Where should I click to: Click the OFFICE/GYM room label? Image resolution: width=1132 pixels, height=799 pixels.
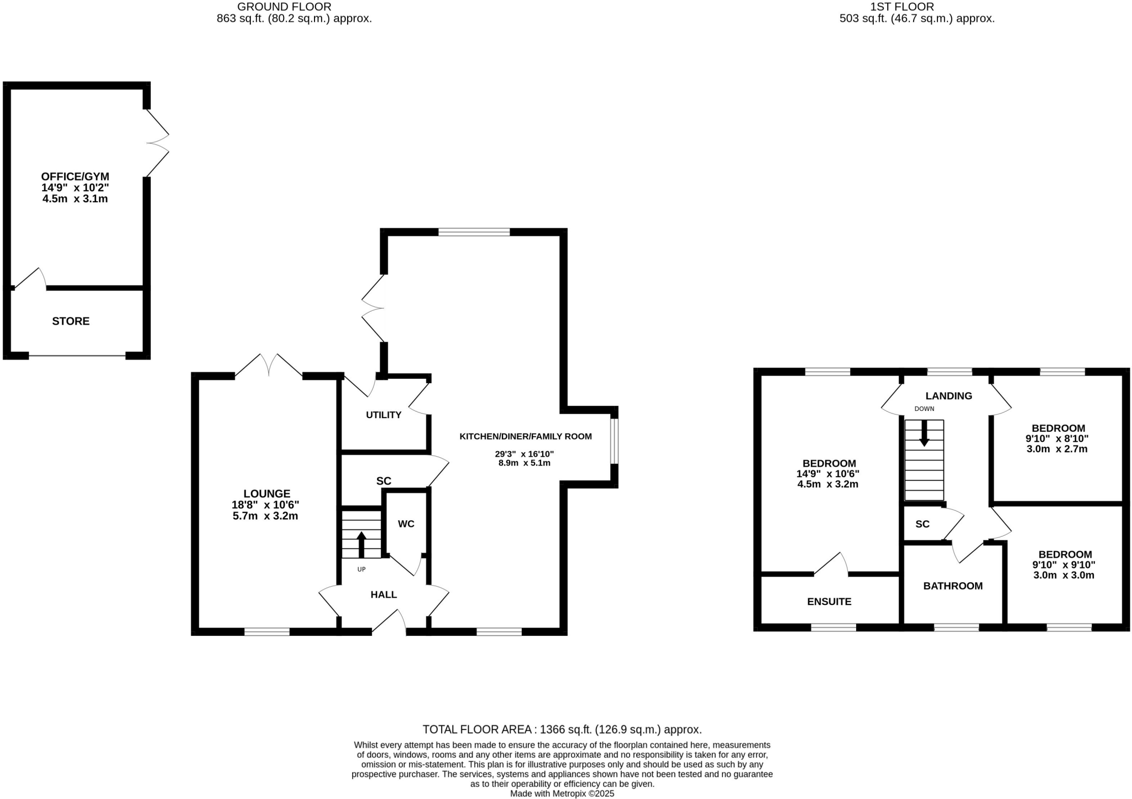point(75,177)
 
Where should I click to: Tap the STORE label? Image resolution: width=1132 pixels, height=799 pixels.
point(71,321)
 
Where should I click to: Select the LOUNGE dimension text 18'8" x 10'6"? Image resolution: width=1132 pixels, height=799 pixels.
point(265,505)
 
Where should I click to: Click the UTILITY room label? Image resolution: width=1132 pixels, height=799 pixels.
point(384,415)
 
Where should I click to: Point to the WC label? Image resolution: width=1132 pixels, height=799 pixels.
point(406,524)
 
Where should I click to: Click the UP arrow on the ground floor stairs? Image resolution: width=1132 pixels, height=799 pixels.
point(361,544)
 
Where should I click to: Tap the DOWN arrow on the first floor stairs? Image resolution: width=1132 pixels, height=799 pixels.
point(924,433)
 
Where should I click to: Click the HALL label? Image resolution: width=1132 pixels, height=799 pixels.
point(384,594)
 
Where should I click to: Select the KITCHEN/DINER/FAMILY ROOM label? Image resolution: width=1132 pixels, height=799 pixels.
point(526,436)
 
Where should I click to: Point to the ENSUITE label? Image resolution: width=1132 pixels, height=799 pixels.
point(829,602)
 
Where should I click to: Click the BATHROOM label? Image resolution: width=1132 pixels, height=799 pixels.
point(953,586)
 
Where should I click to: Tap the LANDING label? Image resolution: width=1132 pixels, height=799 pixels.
point(948,396)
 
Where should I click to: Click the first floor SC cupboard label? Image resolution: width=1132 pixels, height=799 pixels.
point(923,524)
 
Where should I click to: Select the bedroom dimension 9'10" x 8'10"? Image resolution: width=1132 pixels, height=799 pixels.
point(1057,438)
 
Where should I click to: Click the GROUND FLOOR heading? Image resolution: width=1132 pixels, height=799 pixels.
point(284,7)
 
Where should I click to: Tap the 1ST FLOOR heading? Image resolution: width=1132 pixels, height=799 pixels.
point(902,7)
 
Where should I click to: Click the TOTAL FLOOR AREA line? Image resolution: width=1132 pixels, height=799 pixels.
point(562,729)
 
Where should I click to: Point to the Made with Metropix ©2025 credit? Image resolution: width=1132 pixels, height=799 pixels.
point(562,793)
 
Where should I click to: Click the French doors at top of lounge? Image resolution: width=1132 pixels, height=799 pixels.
point(269,365)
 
